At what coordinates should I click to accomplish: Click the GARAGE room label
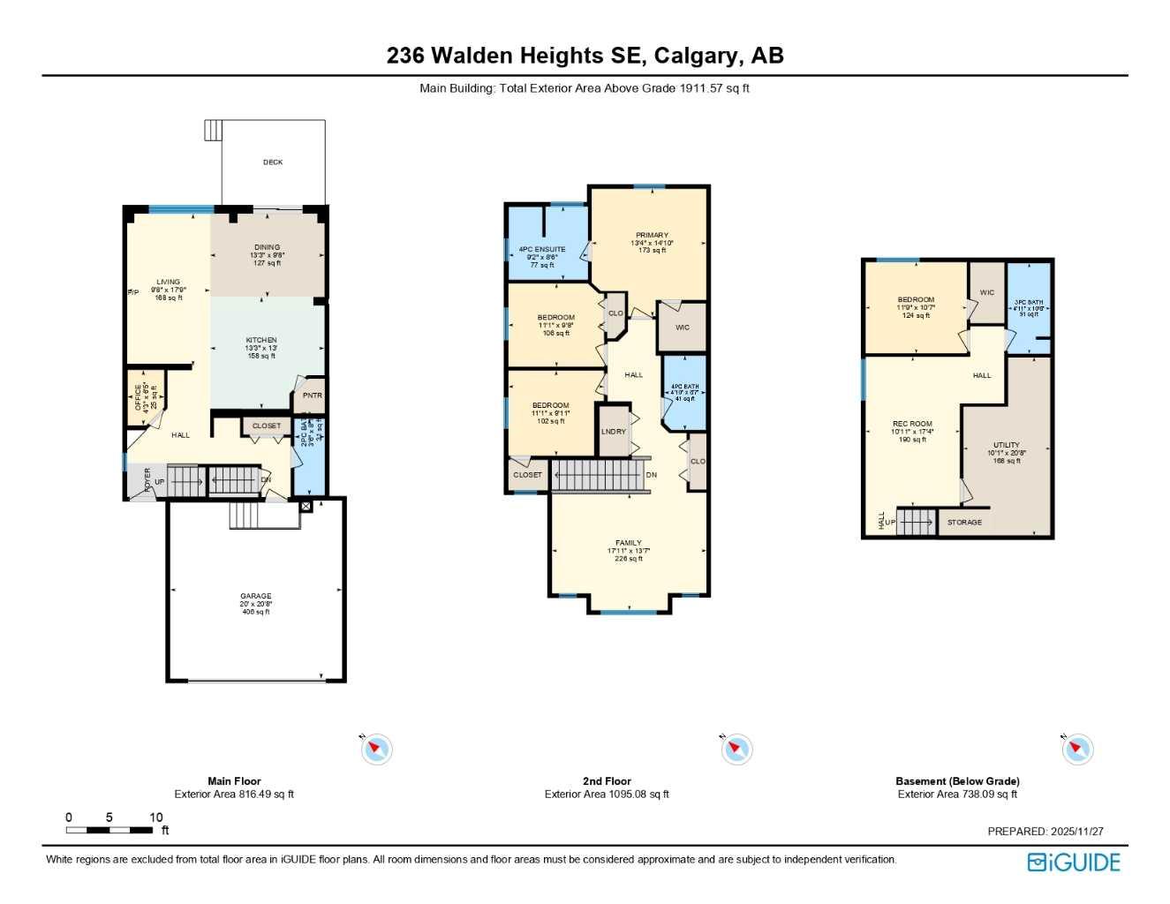(x=256, y=597)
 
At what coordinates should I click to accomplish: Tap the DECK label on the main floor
(x=273, y=162)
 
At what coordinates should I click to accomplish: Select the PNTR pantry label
(x=313, y=395)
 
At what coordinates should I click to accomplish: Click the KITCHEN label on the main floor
(x=261, y=341)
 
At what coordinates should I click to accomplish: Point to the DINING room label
(x=267, y=248)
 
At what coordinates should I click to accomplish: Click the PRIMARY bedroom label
(x=652, y=236)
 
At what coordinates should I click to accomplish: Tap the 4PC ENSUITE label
(x=542, y=250)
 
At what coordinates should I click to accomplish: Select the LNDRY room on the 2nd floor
(x=614, y=432)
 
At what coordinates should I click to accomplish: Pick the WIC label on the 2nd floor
(x=683, y=328)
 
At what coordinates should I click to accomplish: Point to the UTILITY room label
(x=1007, y=446)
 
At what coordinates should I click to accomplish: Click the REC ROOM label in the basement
(x=912, y=425)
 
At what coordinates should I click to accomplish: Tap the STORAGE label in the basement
(x=964, y=523)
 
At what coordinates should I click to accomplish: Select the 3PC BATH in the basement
(x=1029, y=303)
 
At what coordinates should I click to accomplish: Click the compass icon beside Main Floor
(x=377, y=750)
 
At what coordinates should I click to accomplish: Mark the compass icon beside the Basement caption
(x=1076, y=750)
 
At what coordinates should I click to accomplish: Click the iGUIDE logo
(x=1074, y=863)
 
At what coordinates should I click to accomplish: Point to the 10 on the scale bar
(x=155, y=817)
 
